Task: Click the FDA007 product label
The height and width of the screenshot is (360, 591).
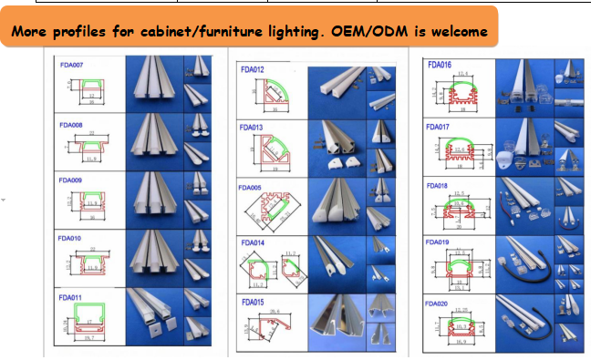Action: point(71,64)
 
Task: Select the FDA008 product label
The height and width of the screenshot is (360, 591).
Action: point(71,122)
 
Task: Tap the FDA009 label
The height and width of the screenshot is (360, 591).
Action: point(71,180)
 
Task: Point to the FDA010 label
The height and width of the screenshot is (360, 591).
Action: point(71,238)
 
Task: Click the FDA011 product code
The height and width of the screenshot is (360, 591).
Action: point(71,297)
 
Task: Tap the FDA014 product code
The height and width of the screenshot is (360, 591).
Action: point(252,243)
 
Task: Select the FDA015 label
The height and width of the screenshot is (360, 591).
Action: point(253,302)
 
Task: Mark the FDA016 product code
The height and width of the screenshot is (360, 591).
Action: point(439,66)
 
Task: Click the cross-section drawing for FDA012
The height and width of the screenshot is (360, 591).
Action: point(270,95)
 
